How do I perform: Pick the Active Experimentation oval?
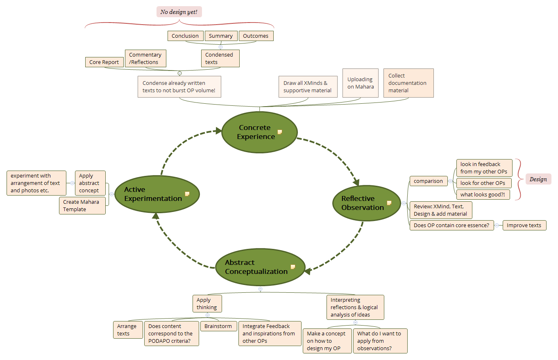pos(156,194)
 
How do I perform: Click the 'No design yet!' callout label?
pos(179,12)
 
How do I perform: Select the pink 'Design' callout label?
pos(538,179)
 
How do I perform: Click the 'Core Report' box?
pos(104,62)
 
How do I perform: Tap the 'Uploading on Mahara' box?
pos(360,83)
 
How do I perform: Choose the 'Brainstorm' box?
pos(218,326)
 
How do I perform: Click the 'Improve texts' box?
pos(524,226)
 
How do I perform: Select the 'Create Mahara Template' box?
pos(82,205)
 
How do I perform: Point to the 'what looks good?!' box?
pos(483,195)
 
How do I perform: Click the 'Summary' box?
pos(220,36)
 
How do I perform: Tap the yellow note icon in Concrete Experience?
pos(280,132)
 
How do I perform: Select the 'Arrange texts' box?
pos(128,330)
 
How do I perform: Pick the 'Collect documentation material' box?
pos(408,83)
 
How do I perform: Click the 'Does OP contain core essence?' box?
pos(451,226)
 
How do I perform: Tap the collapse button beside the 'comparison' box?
pos(451,181)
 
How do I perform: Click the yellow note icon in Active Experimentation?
pos(187,194)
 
